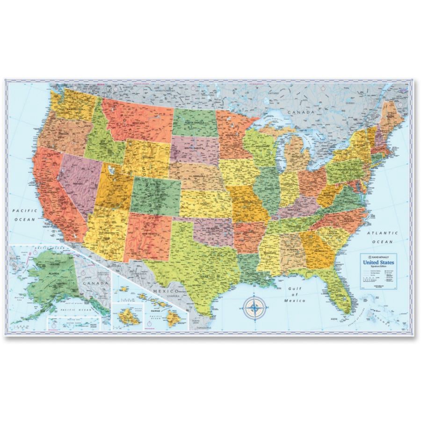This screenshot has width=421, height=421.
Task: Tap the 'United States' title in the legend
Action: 378,262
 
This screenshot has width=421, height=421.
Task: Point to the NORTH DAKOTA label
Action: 195,123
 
